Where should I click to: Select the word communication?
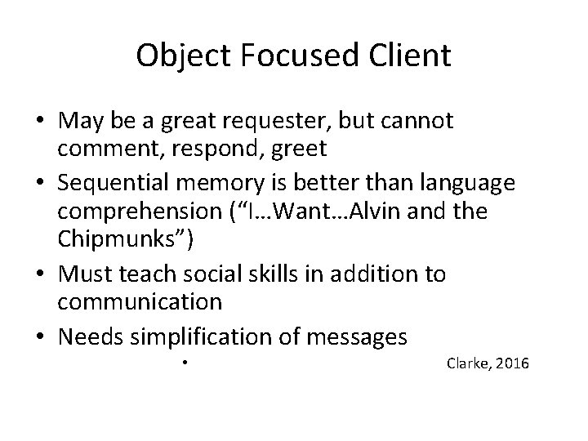pos(139,301)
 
